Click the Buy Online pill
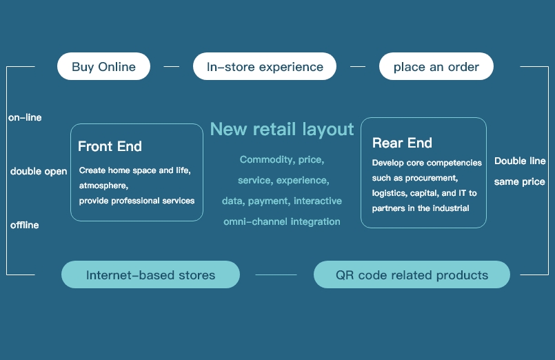103,66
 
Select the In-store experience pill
265,66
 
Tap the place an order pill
436,66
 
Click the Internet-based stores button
150,274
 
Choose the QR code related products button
412,274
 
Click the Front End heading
110,146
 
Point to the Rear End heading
402,143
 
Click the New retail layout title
282,129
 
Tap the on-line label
25,117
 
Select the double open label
39,171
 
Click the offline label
24,225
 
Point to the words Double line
520,161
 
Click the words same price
520,182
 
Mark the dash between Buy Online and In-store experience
171,66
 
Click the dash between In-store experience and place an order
358,66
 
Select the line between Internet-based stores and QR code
276,274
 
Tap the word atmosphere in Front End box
103,186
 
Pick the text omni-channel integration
282,221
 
